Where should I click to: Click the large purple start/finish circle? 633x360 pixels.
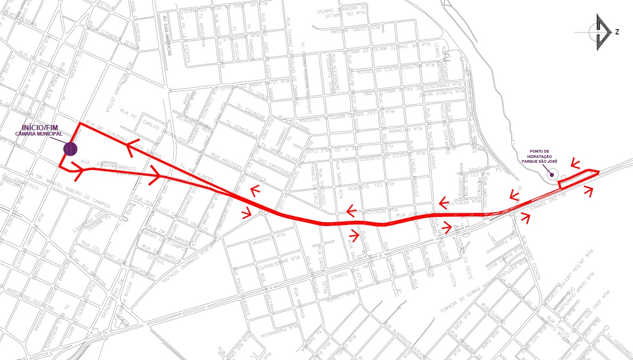point(70,148)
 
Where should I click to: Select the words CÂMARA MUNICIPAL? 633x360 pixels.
point(38,134)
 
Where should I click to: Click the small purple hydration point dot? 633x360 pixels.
point(552,173)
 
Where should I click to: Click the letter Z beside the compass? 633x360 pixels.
point(617,32)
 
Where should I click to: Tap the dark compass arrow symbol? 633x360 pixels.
point(602,32)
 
